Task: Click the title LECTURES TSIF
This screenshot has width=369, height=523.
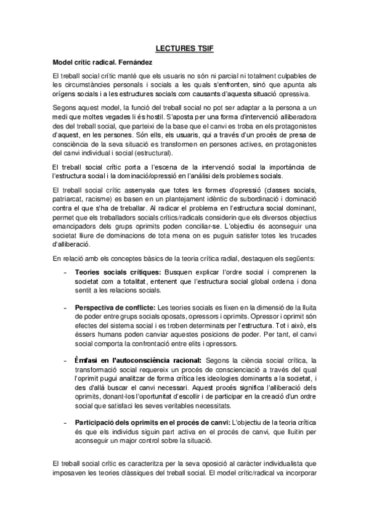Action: pyautogui.click(x=184, y=47)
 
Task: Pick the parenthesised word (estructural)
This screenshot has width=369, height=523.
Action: pyautogui.click(x=150, y=152)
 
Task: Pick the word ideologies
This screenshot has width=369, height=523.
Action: pyautogui.click(x=231, y=378)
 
